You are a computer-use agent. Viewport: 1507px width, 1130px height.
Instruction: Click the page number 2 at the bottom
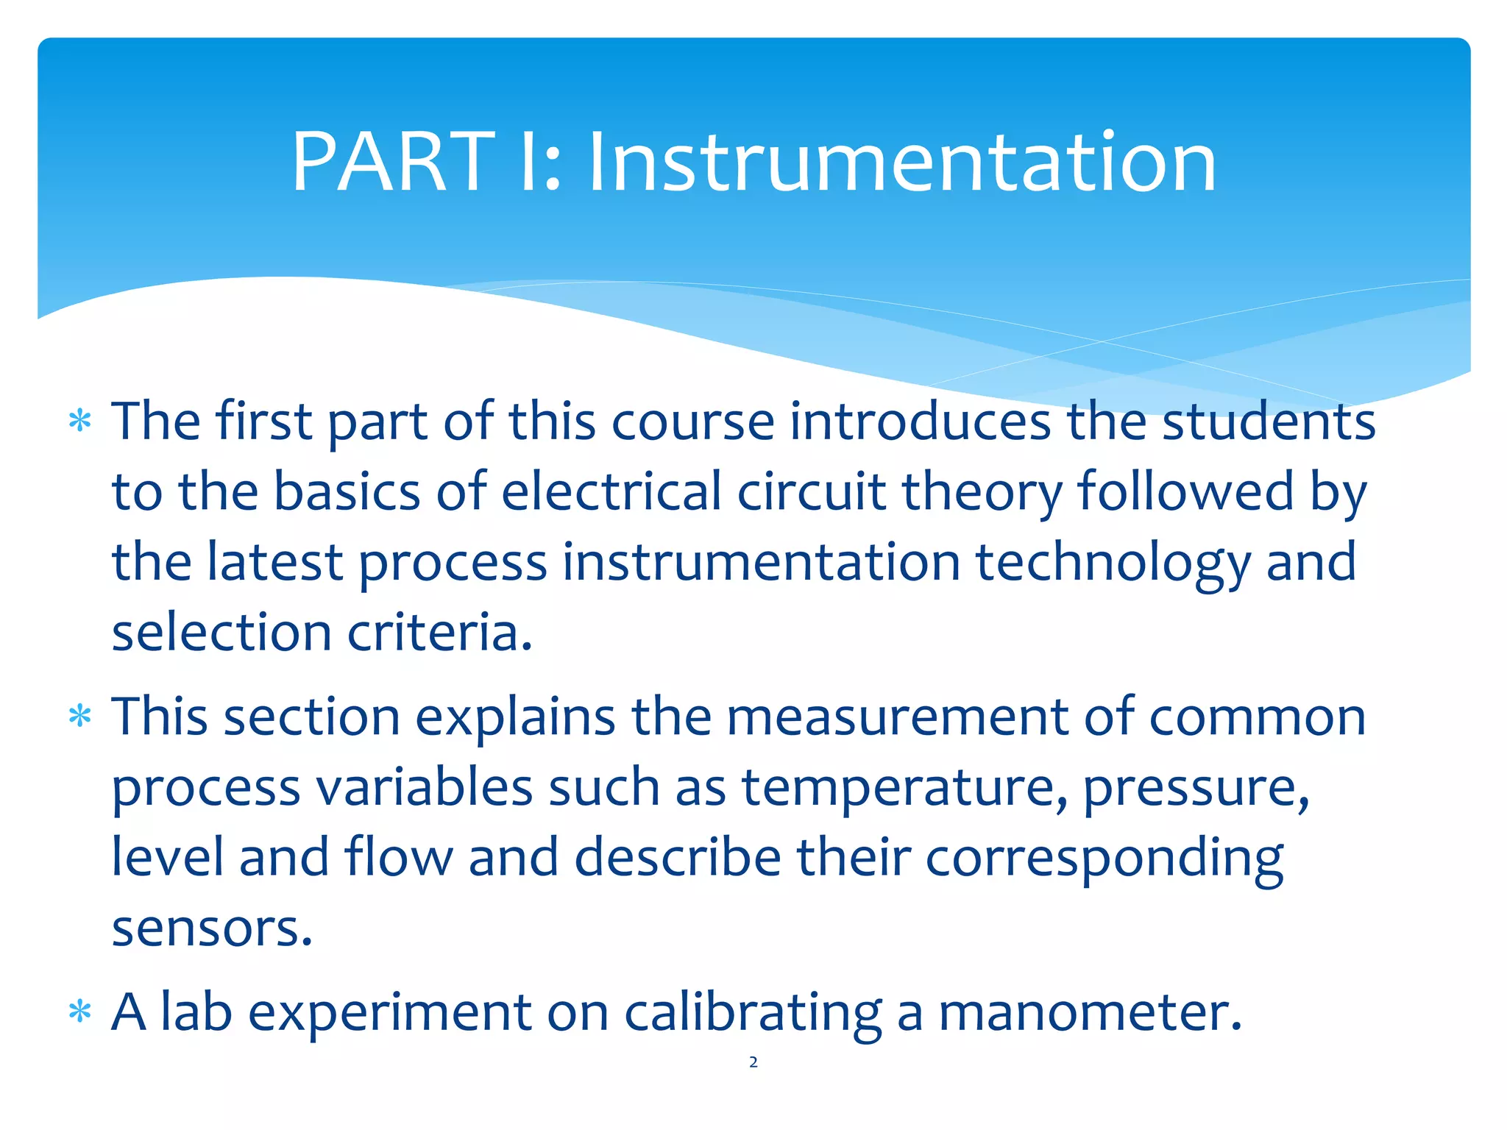753,1062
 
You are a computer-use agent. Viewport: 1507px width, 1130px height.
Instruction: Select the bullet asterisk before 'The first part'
79,422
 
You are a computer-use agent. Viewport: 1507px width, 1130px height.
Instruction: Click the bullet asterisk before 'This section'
79,717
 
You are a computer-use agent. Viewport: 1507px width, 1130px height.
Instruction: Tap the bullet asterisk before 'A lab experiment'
79,1012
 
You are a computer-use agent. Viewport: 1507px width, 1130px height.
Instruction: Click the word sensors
211,928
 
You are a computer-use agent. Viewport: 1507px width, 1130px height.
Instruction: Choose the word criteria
439,633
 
